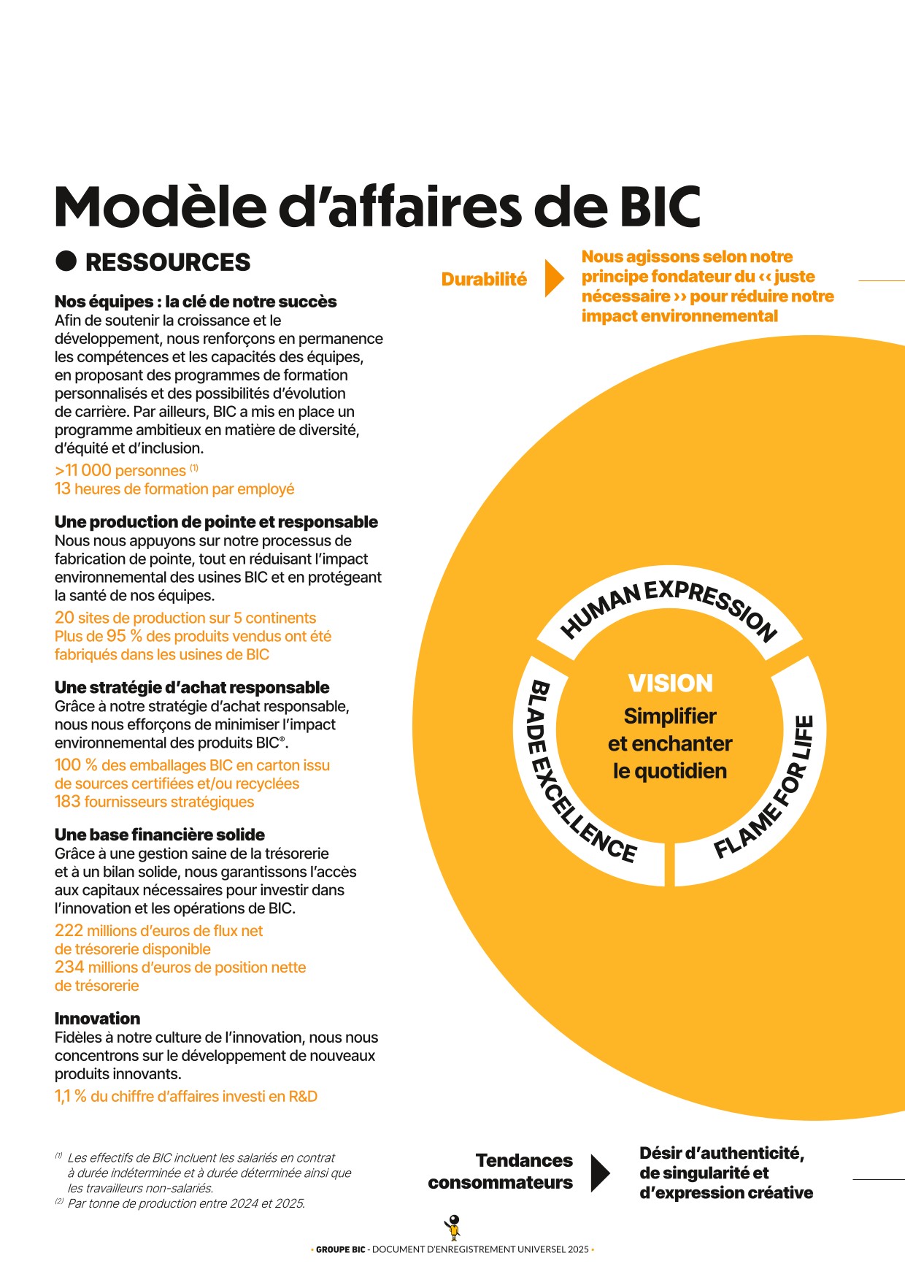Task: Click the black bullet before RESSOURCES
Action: (x=66, y=261)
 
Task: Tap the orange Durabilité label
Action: (x=484, y=280)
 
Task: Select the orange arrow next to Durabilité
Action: (x=554, y=278)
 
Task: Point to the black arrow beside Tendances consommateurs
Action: (x=600, y=1173)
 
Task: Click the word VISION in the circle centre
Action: (x=670, y=683)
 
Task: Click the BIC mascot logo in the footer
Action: (x=454, y=1227)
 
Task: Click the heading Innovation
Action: (x=97, y=1019)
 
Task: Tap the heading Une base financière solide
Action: (x=159, y=835)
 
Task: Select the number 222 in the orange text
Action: (x=69, y=931)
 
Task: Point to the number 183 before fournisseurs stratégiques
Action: (x=67, y=802)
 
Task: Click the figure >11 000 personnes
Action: (x=120, y=471)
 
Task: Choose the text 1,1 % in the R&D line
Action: (x=70, y=1097)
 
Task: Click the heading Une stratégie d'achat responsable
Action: (x=192, y=688)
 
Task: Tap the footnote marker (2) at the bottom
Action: (x=59, y=1201)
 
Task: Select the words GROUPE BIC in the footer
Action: (x=340, y=1249)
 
